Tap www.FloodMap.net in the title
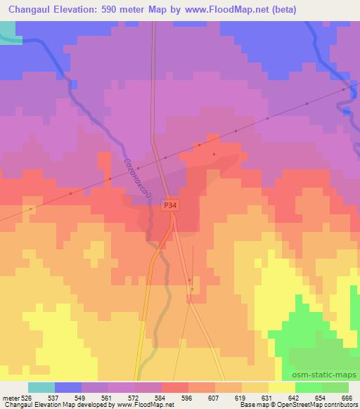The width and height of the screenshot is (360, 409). point(225,10)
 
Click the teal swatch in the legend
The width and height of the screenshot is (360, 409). point(41,387)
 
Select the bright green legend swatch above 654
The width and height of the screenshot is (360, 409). point(308,387)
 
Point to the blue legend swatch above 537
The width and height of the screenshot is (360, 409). point(67,387)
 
